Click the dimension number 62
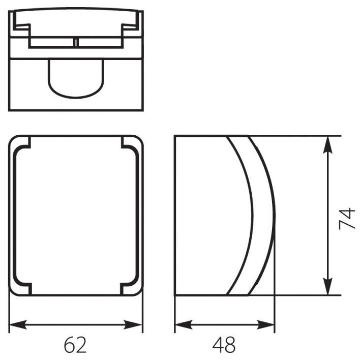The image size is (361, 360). [75, 344]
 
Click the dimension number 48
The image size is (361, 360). [224, 344]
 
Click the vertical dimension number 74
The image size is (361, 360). [347, 218]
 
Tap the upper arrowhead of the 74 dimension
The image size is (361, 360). [327, 145]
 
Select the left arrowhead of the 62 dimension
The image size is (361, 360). [18, 324]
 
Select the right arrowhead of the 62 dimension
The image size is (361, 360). [133, 324]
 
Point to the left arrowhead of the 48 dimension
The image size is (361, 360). [184, 324]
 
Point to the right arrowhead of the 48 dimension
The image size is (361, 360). [265, 324]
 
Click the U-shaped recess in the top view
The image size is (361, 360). [76, 98]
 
